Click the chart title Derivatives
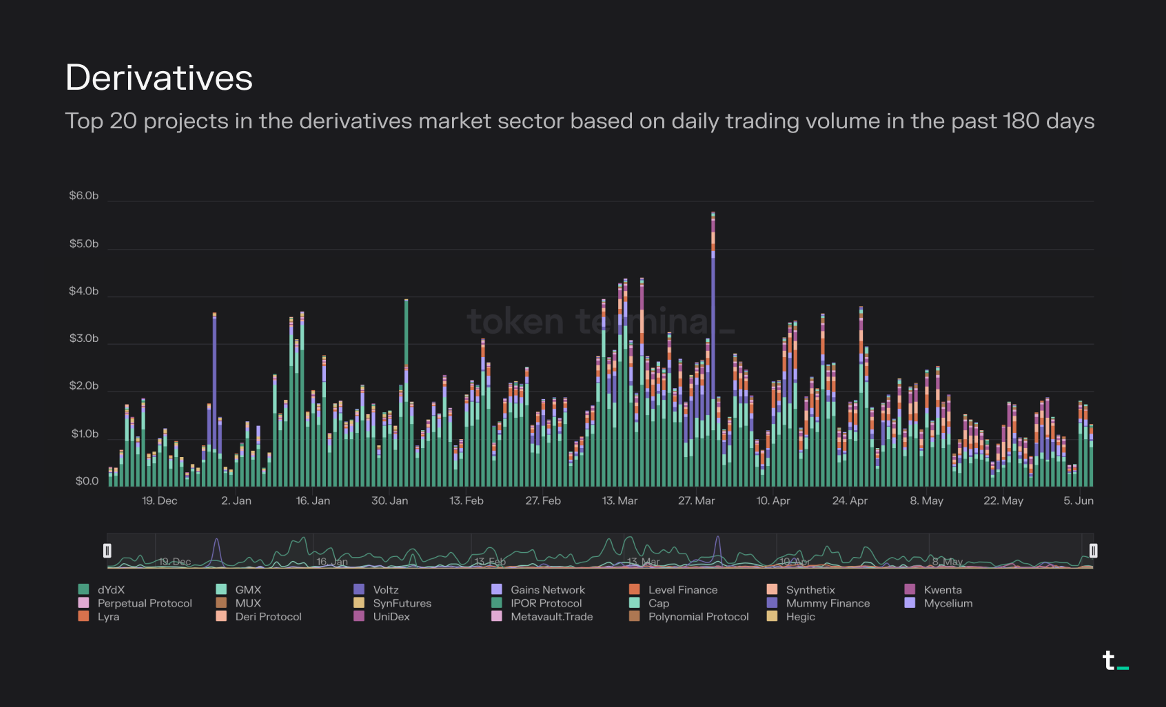click(159, 78)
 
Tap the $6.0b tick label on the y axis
click(84, 195)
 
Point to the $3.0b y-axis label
click(84, 338)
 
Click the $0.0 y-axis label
click(87, 481)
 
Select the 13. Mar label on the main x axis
click(619, 501)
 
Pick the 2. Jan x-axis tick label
click(236, 501)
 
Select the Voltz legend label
click(386, 590)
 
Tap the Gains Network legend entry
click(547, 590)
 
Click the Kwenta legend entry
click(942, 590)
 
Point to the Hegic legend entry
click(800, 617)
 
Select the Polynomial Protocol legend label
click(698, 617)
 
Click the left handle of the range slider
click(107, 550)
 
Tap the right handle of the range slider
click(1093, 550)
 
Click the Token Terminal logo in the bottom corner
click(1114, 661)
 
